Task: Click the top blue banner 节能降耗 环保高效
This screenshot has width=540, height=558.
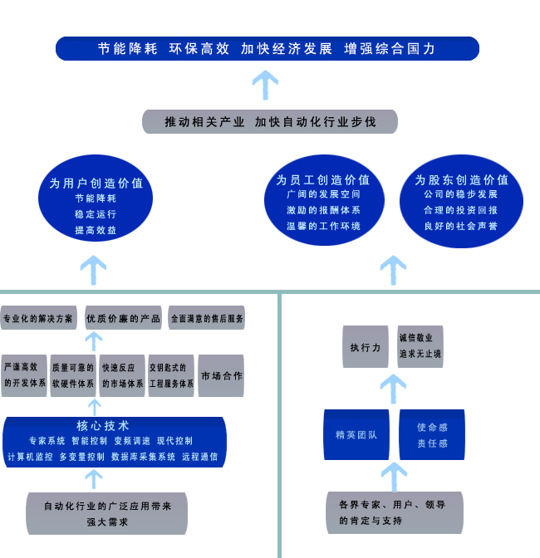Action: (268, 48)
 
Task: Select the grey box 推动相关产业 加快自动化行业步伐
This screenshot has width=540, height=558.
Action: (270, 122)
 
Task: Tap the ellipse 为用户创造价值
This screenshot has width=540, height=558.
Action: (96, 198)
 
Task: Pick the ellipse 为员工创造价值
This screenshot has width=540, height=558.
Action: (324, 200)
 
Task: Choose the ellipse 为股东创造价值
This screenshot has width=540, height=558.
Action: (461, 201)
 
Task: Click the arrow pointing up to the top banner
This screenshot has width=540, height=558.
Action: (265, 85)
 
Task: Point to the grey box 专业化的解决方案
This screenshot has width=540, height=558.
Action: (38, 317)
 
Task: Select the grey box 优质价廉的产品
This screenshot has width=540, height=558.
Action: (123, 317)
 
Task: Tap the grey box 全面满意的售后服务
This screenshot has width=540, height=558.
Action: (207, 317)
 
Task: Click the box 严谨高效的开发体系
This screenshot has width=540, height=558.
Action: (24, 375)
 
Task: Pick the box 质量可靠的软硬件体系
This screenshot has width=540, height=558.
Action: (73, 375)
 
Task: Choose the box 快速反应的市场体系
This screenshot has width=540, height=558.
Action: (122, 375)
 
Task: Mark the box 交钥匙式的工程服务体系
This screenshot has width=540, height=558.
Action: (171, 375)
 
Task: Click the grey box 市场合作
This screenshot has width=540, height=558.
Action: (221, 375)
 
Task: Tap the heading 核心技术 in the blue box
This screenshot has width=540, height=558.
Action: (102, 426)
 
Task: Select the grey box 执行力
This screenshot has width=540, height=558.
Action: (366, 346)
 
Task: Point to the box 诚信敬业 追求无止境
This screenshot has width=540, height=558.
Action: (420, 346)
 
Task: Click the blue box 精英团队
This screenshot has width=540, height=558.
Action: (356, 434)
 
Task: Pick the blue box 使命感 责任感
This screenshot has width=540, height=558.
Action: (432, 434)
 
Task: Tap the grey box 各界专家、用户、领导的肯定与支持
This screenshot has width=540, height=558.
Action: (395, 513)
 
